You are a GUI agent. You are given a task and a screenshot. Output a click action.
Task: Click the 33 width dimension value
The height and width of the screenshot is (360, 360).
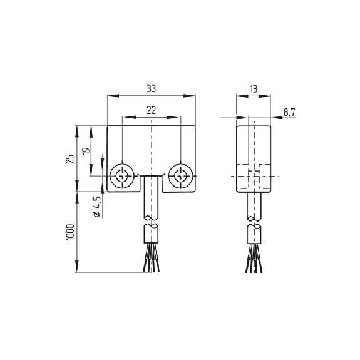coord(151,88)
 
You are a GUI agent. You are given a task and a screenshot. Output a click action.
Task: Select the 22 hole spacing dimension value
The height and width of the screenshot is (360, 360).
coord(151,110)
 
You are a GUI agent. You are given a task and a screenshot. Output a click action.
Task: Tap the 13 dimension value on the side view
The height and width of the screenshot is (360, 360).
coord(254,89)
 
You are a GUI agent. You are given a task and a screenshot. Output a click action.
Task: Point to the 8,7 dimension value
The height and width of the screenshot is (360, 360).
coord(289,113)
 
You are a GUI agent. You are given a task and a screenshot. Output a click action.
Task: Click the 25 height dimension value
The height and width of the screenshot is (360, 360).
coord(70,158)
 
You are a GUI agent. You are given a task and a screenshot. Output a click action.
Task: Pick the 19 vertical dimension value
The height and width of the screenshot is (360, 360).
coord(86,151)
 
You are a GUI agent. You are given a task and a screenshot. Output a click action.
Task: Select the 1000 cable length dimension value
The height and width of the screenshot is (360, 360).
coord(70,232)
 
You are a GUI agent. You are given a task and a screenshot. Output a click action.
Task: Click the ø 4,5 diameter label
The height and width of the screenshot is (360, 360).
coord(96,207)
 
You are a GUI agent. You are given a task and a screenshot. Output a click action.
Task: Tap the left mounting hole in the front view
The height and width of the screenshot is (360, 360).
coord(122,176)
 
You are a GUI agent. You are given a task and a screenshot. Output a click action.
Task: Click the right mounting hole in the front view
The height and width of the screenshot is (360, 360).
coord(181,176)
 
